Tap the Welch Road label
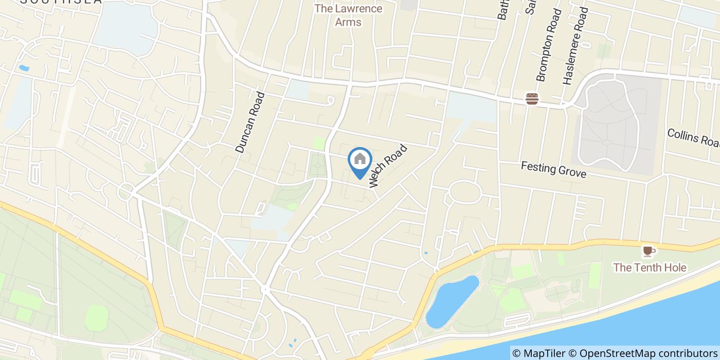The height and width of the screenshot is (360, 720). click(x=388, y=166)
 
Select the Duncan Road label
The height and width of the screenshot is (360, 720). click(x=250, y=122)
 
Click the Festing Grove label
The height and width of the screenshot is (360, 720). click(x=553, y=169)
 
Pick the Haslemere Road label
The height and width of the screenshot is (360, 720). click(x=575, y=46)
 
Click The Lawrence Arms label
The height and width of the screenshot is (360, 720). click(x=348, y=15)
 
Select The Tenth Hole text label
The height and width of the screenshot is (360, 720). click(x=650, y=267)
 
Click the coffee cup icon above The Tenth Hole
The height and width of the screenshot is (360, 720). click(x=647, y=251)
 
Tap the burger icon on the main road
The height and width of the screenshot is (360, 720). click(x=532, y=98)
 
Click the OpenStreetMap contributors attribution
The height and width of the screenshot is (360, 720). click(x=643, y=353)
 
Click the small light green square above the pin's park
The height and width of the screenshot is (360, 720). click(x=319, y=143)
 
